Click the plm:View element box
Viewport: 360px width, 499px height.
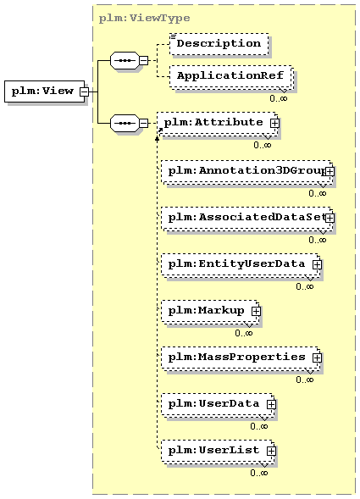(45, 91)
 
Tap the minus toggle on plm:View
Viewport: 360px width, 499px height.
(84, 91)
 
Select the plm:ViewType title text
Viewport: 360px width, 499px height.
(144, 18)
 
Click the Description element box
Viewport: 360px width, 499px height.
(219, 44)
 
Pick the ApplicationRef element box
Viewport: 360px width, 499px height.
(231, 76)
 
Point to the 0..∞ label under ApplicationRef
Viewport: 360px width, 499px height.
(278, 98)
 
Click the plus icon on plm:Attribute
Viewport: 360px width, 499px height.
(274, 123)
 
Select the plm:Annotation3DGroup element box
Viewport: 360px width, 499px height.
(246, 171)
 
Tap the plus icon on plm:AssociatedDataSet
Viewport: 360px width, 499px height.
(330, 218)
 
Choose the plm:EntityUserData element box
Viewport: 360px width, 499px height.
(241, 264)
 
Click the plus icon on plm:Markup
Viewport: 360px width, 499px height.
(256, 311)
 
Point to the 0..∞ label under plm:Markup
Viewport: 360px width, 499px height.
(243, 333)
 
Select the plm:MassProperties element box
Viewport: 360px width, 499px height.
(241, 358)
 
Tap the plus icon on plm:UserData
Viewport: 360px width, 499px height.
(271, 404)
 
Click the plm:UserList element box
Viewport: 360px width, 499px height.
(218, 451)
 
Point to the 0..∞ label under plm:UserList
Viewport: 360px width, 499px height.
(259, 473)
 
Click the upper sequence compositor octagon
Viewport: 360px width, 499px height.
(125, 60)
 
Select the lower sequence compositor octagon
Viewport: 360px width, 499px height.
(125, 123)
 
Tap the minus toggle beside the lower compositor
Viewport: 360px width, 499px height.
(144, 123)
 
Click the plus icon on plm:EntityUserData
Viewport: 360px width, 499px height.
(317, 265)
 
